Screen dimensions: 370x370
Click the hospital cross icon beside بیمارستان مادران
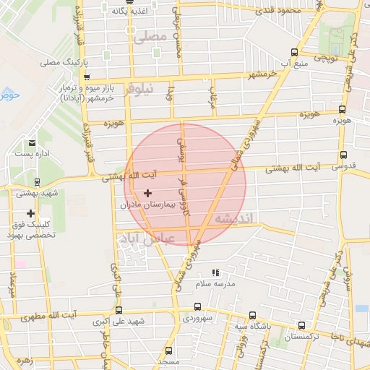[x=148, y=193]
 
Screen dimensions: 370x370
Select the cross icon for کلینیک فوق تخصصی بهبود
[x=30, y=213]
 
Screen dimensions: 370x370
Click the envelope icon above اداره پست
[x=32, y=143]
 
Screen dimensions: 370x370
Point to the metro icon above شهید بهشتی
[x=36, y=183]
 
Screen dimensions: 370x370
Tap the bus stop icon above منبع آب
[x=293, y=51]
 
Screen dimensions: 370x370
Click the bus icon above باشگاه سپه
[x=251, y=315]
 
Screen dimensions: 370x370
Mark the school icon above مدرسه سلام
[x=215, y=272]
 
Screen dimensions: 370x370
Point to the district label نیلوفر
[x=139, y=92]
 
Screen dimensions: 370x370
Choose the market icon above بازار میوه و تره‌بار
[x=86, y=77]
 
